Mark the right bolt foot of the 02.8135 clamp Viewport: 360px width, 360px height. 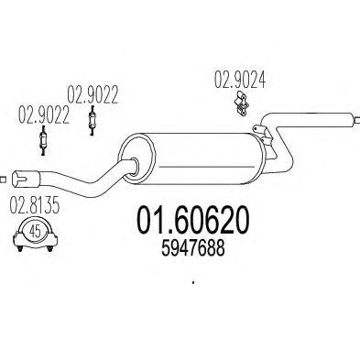[53, 245]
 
